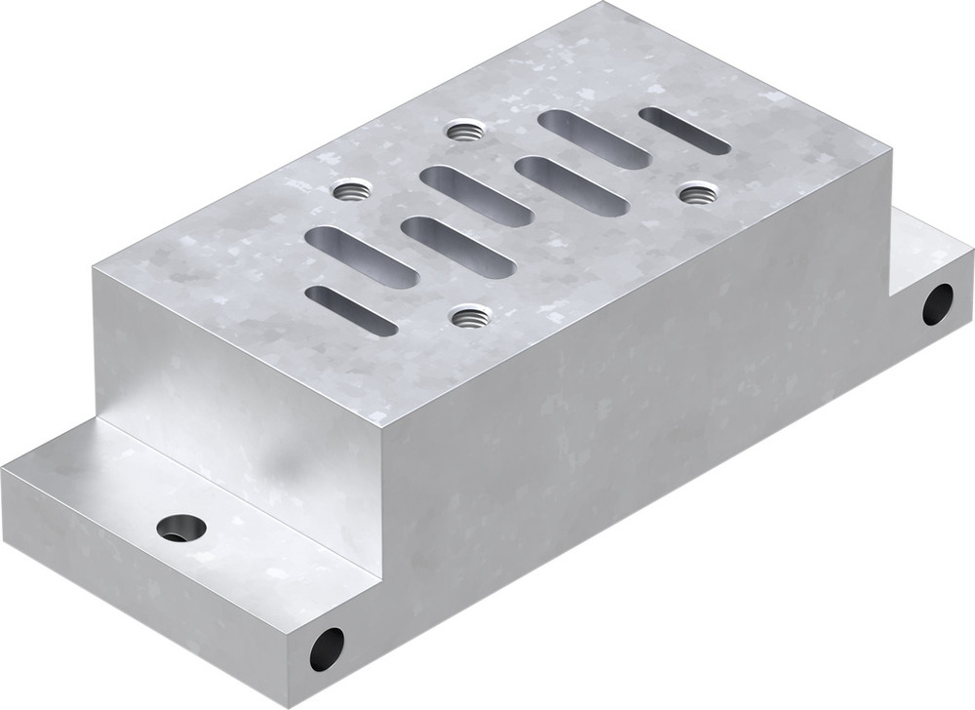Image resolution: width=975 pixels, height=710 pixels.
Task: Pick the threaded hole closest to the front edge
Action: pos(471,315)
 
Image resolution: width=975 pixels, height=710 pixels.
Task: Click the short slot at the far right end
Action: pos(684,130)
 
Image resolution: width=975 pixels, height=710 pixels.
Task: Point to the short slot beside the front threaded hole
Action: pos(351,310)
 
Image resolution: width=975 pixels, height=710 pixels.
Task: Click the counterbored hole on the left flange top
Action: pos(181,528)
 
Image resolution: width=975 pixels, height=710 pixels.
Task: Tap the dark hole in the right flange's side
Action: pos(938,304)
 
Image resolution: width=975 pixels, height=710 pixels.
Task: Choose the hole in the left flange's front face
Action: pos(327,648)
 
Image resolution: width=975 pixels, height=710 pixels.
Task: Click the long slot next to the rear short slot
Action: pos(594,138)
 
